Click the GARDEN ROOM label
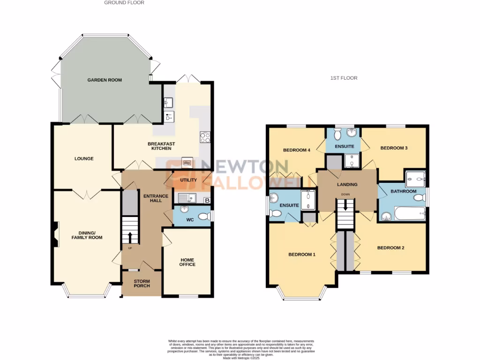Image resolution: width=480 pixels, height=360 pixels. [x=105, y=80]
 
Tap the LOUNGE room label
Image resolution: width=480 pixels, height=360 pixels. [x=84, y=158]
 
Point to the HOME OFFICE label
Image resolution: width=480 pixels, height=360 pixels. [x=187, y=262]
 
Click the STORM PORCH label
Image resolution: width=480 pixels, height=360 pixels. [x=142, y=283]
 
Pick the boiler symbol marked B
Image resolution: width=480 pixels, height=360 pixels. [x=207, y=201]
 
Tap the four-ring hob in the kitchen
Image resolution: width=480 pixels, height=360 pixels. [x=205, y=137]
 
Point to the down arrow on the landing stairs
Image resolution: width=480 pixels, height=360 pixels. [x=345, y=205]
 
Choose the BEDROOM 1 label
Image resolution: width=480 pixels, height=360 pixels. [x=301, y=255]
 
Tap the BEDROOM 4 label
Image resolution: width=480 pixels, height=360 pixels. [x=297, y=150]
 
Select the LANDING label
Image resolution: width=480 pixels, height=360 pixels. [x=347, y=184]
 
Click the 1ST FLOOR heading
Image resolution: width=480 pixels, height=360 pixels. [x=344, y=78]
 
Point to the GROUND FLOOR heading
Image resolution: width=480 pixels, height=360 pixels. [x=124, y=3]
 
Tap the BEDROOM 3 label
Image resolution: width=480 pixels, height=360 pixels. [x=394, y=148]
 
